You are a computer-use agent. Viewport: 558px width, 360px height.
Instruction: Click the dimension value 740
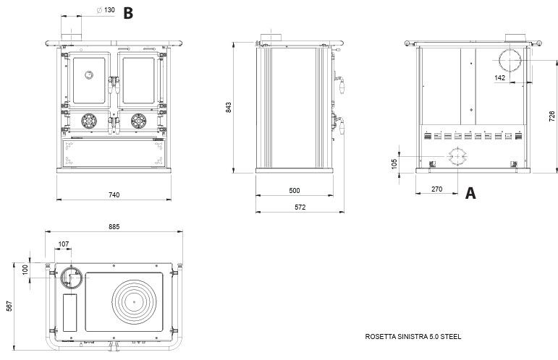114,194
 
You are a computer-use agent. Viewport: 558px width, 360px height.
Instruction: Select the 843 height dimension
229,107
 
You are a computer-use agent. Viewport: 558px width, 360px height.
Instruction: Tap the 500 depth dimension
294,191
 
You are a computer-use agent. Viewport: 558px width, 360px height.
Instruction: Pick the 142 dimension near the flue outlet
500,77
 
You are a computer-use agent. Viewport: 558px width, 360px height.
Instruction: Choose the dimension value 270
436,189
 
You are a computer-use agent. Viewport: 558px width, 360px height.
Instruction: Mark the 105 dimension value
394,163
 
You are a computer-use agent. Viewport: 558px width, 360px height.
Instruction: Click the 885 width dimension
114,226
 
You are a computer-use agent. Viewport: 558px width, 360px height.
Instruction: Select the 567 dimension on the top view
9,307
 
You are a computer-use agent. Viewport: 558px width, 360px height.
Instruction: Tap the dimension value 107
64,244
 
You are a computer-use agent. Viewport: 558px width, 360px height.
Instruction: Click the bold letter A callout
470,193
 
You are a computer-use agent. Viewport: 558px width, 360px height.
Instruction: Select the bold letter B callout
128,12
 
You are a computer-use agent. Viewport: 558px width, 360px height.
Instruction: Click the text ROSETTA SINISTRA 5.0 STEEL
413,337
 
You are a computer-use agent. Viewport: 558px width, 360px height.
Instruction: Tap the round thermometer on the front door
88,74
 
